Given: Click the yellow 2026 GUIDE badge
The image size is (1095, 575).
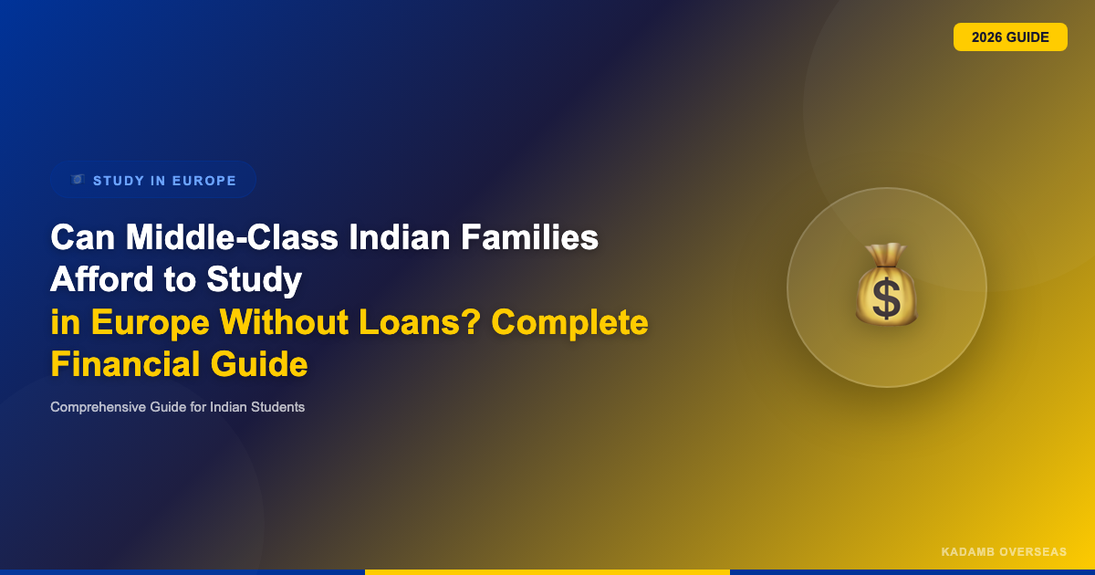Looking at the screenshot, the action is (1010, 37).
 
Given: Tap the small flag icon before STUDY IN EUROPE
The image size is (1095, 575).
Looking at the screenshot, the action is (78, 180).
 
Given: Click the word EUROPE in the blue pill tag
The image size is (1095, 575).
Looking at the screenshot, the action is (204, 181).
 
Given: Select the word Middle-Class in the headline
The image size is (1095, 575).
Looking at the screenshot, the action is (232, 237).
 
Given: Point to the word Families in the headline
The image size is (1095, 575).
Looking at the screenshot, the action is (529, 237).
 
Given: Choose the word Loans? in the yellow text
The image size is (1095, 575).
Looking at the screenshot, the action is (420, 322).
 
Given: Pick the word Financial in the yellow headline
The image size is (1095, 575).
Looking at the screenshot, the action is (126, 364).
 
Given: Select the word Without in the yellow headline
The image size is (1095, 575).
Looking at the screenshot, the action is (284, 322).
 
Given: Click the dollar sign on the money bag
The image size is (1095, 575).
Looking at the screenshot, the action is (886, 298).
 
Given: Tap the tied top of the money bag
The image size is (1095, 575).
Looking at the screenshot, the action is (886, 255).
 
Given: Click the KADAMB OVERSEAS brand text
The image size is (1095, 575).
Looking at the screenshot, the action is (1004, 552).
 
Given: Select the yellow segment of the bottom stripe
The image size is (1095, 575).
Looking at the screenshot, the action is (547, 572).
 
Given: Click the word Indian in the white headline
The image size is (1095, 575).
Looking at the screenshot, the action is (399, 237).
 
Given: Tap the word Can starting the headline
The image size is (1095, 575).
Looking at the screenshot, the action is (83, 237).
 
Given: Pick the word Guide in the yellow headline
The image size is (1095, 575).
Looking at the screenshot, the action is (259, 364).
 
